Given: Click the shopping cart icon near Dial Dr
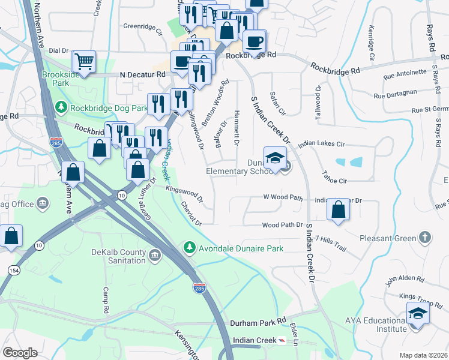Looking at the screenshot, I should point(84,61).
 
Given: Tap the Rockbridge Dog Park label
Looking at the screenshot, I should point(108,108).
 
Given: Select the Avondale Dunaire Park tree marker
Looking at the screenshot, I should point(190,247).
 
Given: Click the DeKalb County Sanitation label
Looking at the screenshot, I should point(118,256).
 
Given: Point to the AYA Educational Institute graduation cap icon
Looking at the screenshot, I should point(417,314).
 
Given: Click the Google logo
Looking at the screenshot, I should point(20,353).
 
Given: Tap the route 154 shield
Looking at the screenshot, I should point(13,271).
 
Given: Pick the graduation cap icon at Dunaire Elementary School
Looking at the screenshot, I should point(276,158).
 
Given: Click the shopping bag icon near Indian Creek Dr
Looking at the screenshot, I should point(339,210).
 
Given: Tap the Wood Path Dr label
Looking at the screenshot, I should point(282,225).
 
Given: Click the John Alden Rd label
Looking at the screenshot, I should point(405,279).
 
